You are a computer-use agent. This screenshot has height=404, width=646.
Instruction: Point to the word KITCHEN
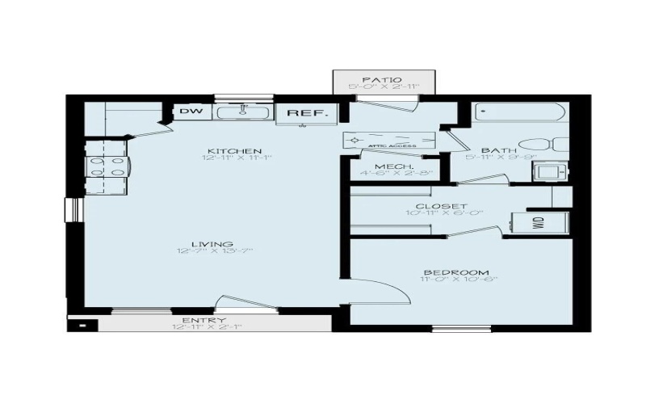tap(223, 151)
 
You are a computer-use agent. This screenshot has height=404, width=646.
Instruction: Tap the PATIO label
tap(384, 78)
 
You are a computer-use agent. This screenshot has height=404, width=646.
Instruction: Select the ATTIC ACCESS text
tap(392, 146)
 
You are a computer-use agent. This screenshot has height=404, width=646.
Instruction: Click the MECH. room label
tap(390, 166)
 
